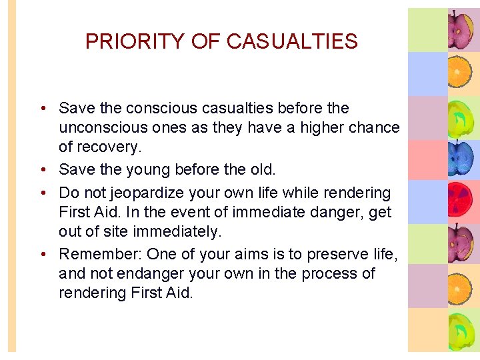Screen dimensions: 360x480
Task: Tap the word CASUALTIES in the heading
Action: [x=292, y=41]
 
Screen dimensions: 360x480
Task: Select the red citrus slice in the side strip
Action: [x=461, y=201]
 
